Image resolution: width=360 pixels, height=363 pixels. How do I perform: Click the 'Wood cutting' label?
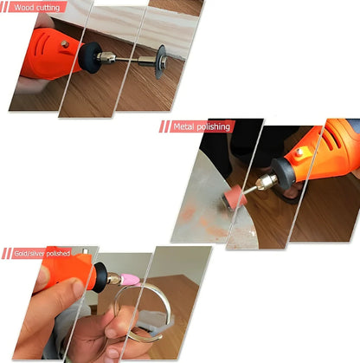[x=37, y=7]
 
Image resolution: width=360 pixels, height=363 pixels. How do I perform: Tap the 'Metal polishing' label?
[x=202, y=126]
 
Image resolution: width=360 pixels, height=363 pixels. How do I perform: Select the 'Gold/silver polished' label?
[x=42, y=253]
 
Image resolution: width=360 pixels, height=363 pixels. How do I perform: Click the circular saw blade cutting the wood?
[x=160, y=62]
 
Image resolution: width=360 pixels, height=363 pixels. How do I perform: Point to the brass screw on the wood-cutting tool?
[x=65, y=44]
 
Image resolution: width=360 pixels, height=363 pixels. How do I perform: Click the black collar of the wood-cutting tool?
[x=89, y=57]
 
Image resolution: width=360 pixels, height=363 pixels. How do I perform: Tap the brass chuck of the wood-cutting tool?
[x=106, y=57]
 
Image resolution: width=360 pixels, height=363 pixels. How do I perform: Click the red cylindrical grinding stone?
[x=235, y=197]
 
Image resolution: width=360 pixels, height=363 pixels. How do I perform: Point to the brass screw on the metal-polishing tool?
[x=299, y=152]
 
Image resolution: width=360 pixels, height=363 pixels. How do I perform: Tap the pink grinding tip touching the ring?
[x=130, y=280]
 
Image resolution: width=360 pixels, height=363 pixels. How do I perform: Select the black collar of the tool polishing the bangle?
[x=101, y=277]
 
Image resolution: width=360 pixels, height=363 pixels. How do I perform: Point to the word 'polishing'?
[x=215, y=126]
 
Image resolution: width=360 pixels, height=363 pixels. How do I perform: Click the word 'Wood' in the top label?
[x=22, y=7]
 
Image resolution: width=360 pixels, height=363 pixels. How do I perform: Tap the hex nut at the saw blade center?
[x=163, y=60]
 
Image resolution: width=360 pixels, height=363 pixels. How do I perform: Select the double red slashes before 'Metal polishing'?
[x=164, y=126]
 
